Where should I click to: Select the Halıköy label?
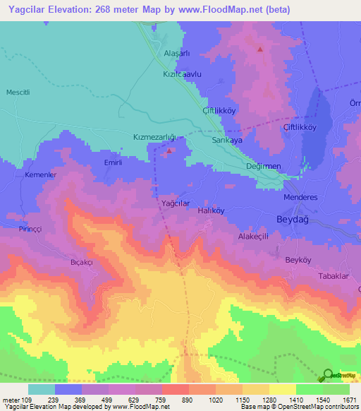[211, 210]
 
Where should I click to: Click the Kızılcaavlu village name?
[183, 73]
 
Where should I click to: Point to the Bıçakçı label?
[82, 262]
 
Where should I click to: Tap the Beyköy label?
[298, 260]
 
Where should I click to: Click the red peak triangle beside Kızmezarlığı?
[170, 150]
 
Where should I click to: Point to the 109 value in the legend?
[27, 400]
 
